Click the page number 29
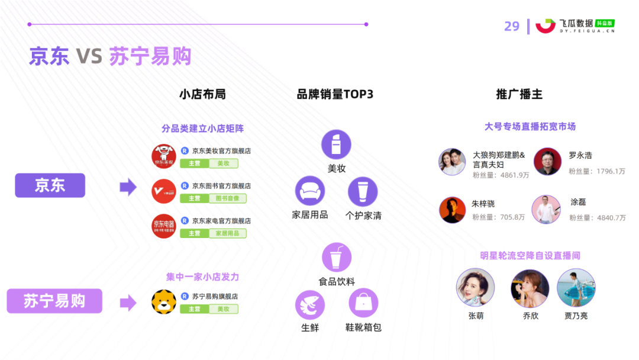(x=512, y=26)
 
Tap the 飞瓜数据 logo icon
(x=546, y=25)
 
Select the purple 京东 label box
(x=50, y=186)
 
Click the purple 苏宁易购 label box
(x=54, y=301)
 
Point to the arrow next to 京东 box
(x=128, y=188)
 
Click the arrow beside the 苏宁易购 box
(x=128, y=303)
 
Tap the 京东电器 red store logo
(x=164, y=226)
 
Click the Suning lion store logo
(x=164, y=301)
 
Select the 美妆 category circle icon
(x=336, y=144)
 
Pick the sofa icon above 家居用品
(x=310, y=191)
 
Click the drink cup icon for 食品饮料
(x=337, y=257)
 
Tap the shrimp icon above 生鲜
(x=310, y=304)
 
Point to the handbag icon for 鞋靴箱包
(x=363, y=303)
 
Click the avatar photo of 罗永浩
(x=547, y=161)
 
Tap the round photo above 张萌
(x=475, y=288)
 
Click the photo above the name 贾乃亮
(x=576, y=288)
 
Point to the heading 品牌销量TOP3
(x=335, y=95)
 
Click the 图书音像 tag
(x=227, y=198)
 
